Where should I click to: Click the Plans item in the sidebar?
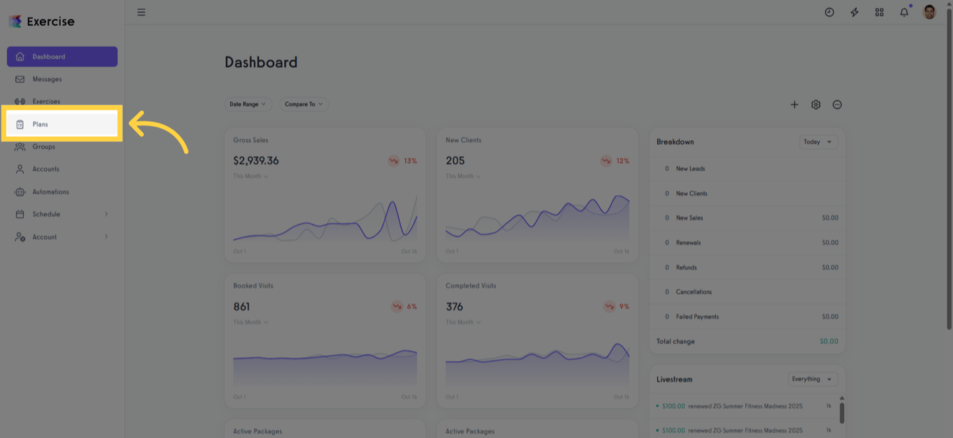(x=40, y=124)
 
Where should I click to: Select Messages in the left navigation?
(x=47, y=80)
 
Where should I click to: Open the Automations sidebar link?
(x=50, y=192)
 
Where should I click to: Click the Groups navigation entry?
(x=43, y=146)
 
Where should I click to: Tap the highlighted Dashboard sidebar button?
(x=62, y=56)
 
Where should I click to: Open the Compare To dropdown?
(x=304, y=104)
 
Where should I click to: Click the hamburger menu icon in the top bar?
(x=142, y=12)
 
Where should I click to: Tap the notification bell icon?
(x=904, y=12)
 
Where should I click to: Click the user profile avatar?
(x=929, y=12)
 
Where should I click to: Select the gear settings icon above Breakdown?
(x=816, y=105)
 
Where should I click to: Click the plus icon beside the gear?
(x=794, y=105)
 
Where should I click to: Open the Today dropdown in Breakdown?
(x=818, y=142)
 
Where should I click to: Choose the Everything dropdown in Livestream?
(x=813, y=379)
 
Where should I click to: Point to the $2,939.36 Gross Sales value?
(x=256, y=160)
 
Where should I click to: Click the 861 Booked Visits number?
(x=241, y=307)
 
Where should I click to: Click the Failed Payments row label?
(x=697, y=317)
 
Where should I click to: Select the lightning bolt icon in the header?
(x=855, y=12)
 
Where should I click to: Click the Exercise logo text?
(x=50, y=22)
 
